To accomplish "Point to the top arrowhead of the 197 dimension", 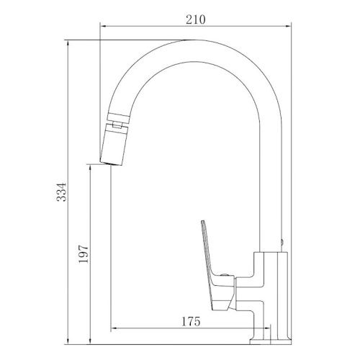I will (88, 166).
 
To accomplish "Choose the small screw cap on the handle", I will (225, 275).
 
